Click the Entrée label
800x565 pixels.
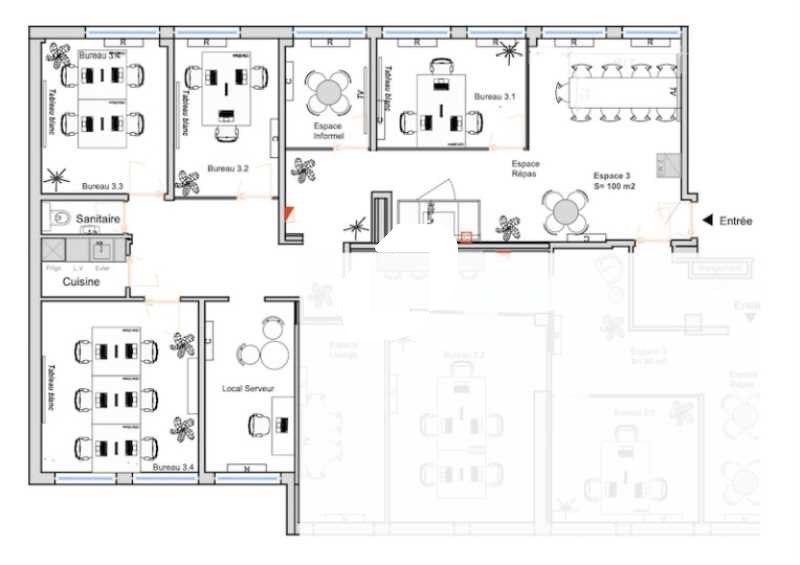[x=736, y=221]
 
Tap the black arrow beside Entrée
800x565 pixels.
[x=707, y=220]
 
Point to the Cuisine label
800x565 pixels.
[x=81, y=282]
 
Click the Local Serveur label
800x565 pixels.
[x=248, y=387]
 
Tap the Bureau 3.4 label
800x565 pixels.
[x=174, y=467]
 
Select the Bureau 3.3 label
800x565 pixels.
[x=102, y=186]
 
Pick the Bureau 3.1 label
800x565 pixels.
[x=494, y=97]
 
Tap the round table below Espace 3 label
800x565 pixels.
[x=565, y=211]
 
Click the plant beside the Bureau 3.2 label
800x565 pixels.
[x=187, y=181]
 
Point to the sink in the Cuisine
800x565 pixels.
[x=101, y=250]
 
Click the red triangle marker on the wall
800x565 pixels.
[x=289, y=213]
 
